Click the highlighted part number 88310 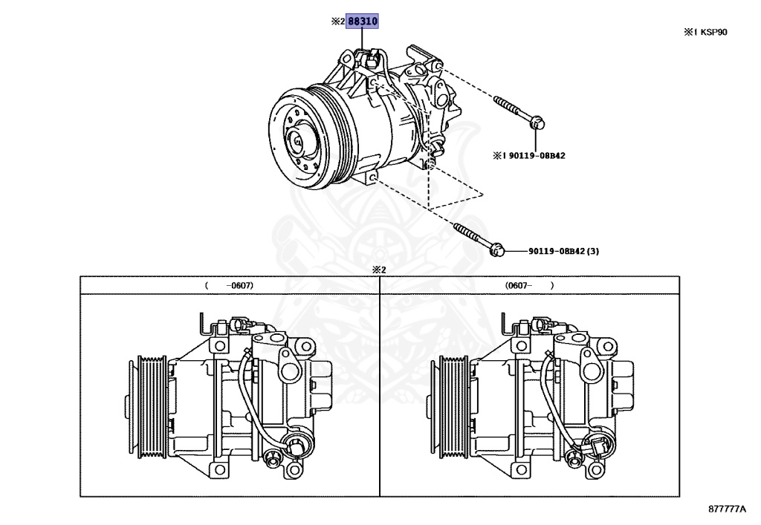pyautogui.click(x=363, y=22)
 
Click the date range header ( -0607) pyautogui.click(x=229, y=285)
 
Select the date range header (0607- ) pyautogui.click(x=529, y=285)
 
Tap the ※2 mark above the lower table pyautogui.click(x=379, y=270)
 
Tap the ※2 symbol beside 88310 pyautogui.click(x=338, y=22)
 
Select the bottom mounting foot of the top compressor pyautogui.click(x=371, y=176)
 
